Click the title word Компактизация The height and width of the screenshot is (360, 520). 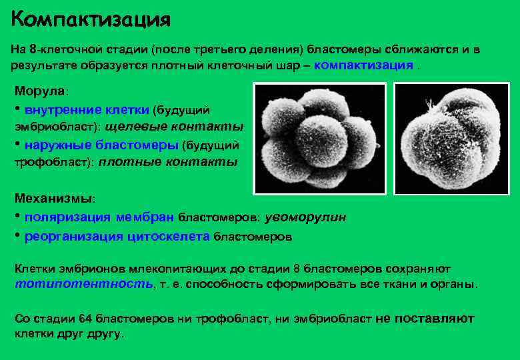pyautogui.click(x=91, y=18)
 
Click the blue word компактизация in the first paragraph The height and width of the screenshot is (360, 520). pyautogui.click(x=363, y=65)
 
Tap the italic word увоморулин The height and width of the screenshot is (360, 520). pyautogui.click(x=305, y=217)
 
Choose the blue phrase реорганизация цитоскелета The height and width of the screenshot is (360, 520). pyautogui.click(x=117, y=236)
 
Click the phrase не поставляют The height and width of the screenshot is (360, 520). pyautogui.click(x=425, y=319)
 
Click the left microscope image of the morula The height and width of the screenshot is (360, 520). pyautogui.click(x=319, y=138)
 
